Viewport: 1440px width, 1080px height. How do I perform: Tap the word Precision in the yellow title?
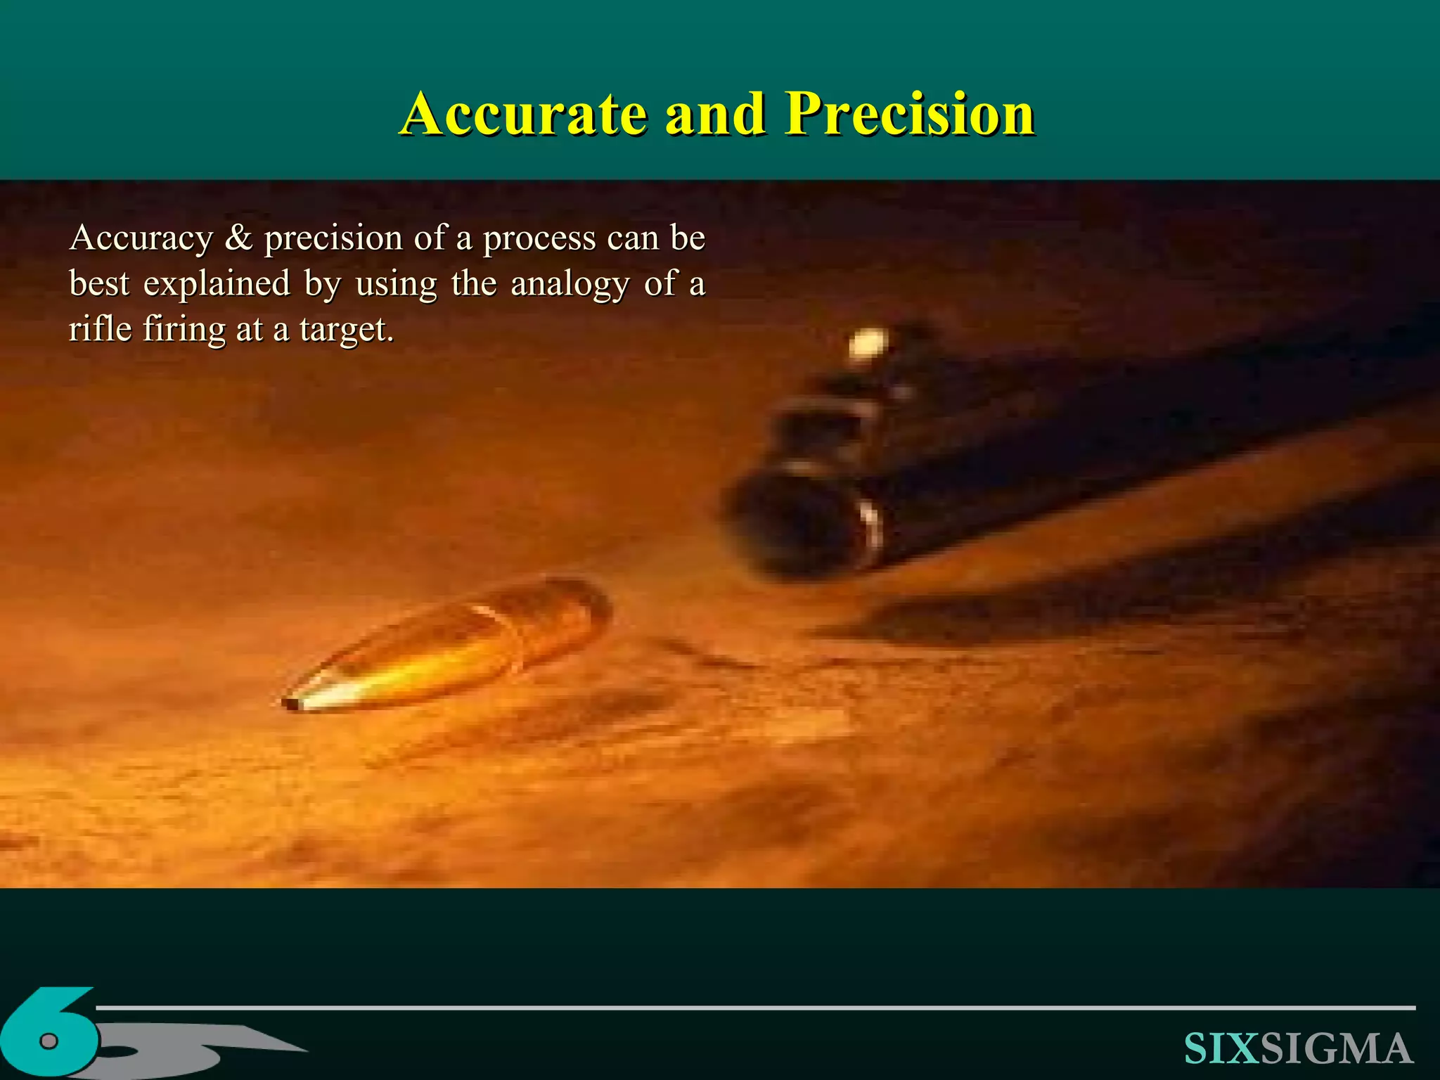pos(910,114)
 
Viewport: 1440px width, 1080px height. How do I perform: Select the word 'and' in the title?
pos(715,114)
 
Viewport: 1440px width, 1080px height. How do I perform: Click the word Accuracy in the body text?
pos(141,238)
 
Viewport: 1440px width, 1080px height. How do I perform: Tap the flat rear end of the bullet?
pos(598,605)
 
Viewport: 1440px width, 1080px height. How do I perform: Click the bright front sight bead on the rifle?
pos(868,345)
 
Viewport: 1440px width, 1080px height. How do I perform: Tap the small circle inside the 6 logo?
pos(49,1041)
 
